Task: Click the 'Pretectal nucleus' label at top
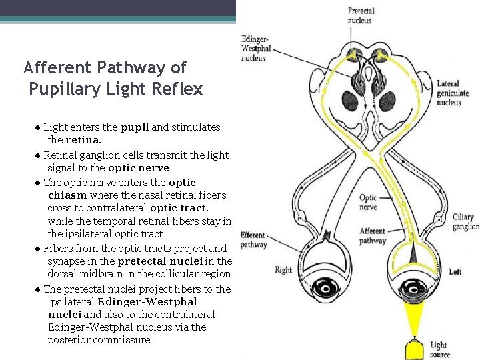point(361,15)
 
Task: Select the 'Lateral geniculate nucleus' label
point(453,93)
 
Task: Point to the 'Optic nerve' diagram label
point(368,202)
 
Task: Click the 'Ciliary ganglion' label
point(465,222)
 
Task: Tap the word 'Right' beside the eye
point(283,270)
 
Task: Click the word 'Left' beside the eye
point(455,272)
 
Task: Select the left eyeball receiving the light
point(418,288)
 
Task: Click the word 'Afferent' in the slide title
point(57,67)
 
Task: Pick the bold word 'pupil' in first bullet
point(135,127)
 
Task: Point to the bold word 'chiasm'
point(67,195)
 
